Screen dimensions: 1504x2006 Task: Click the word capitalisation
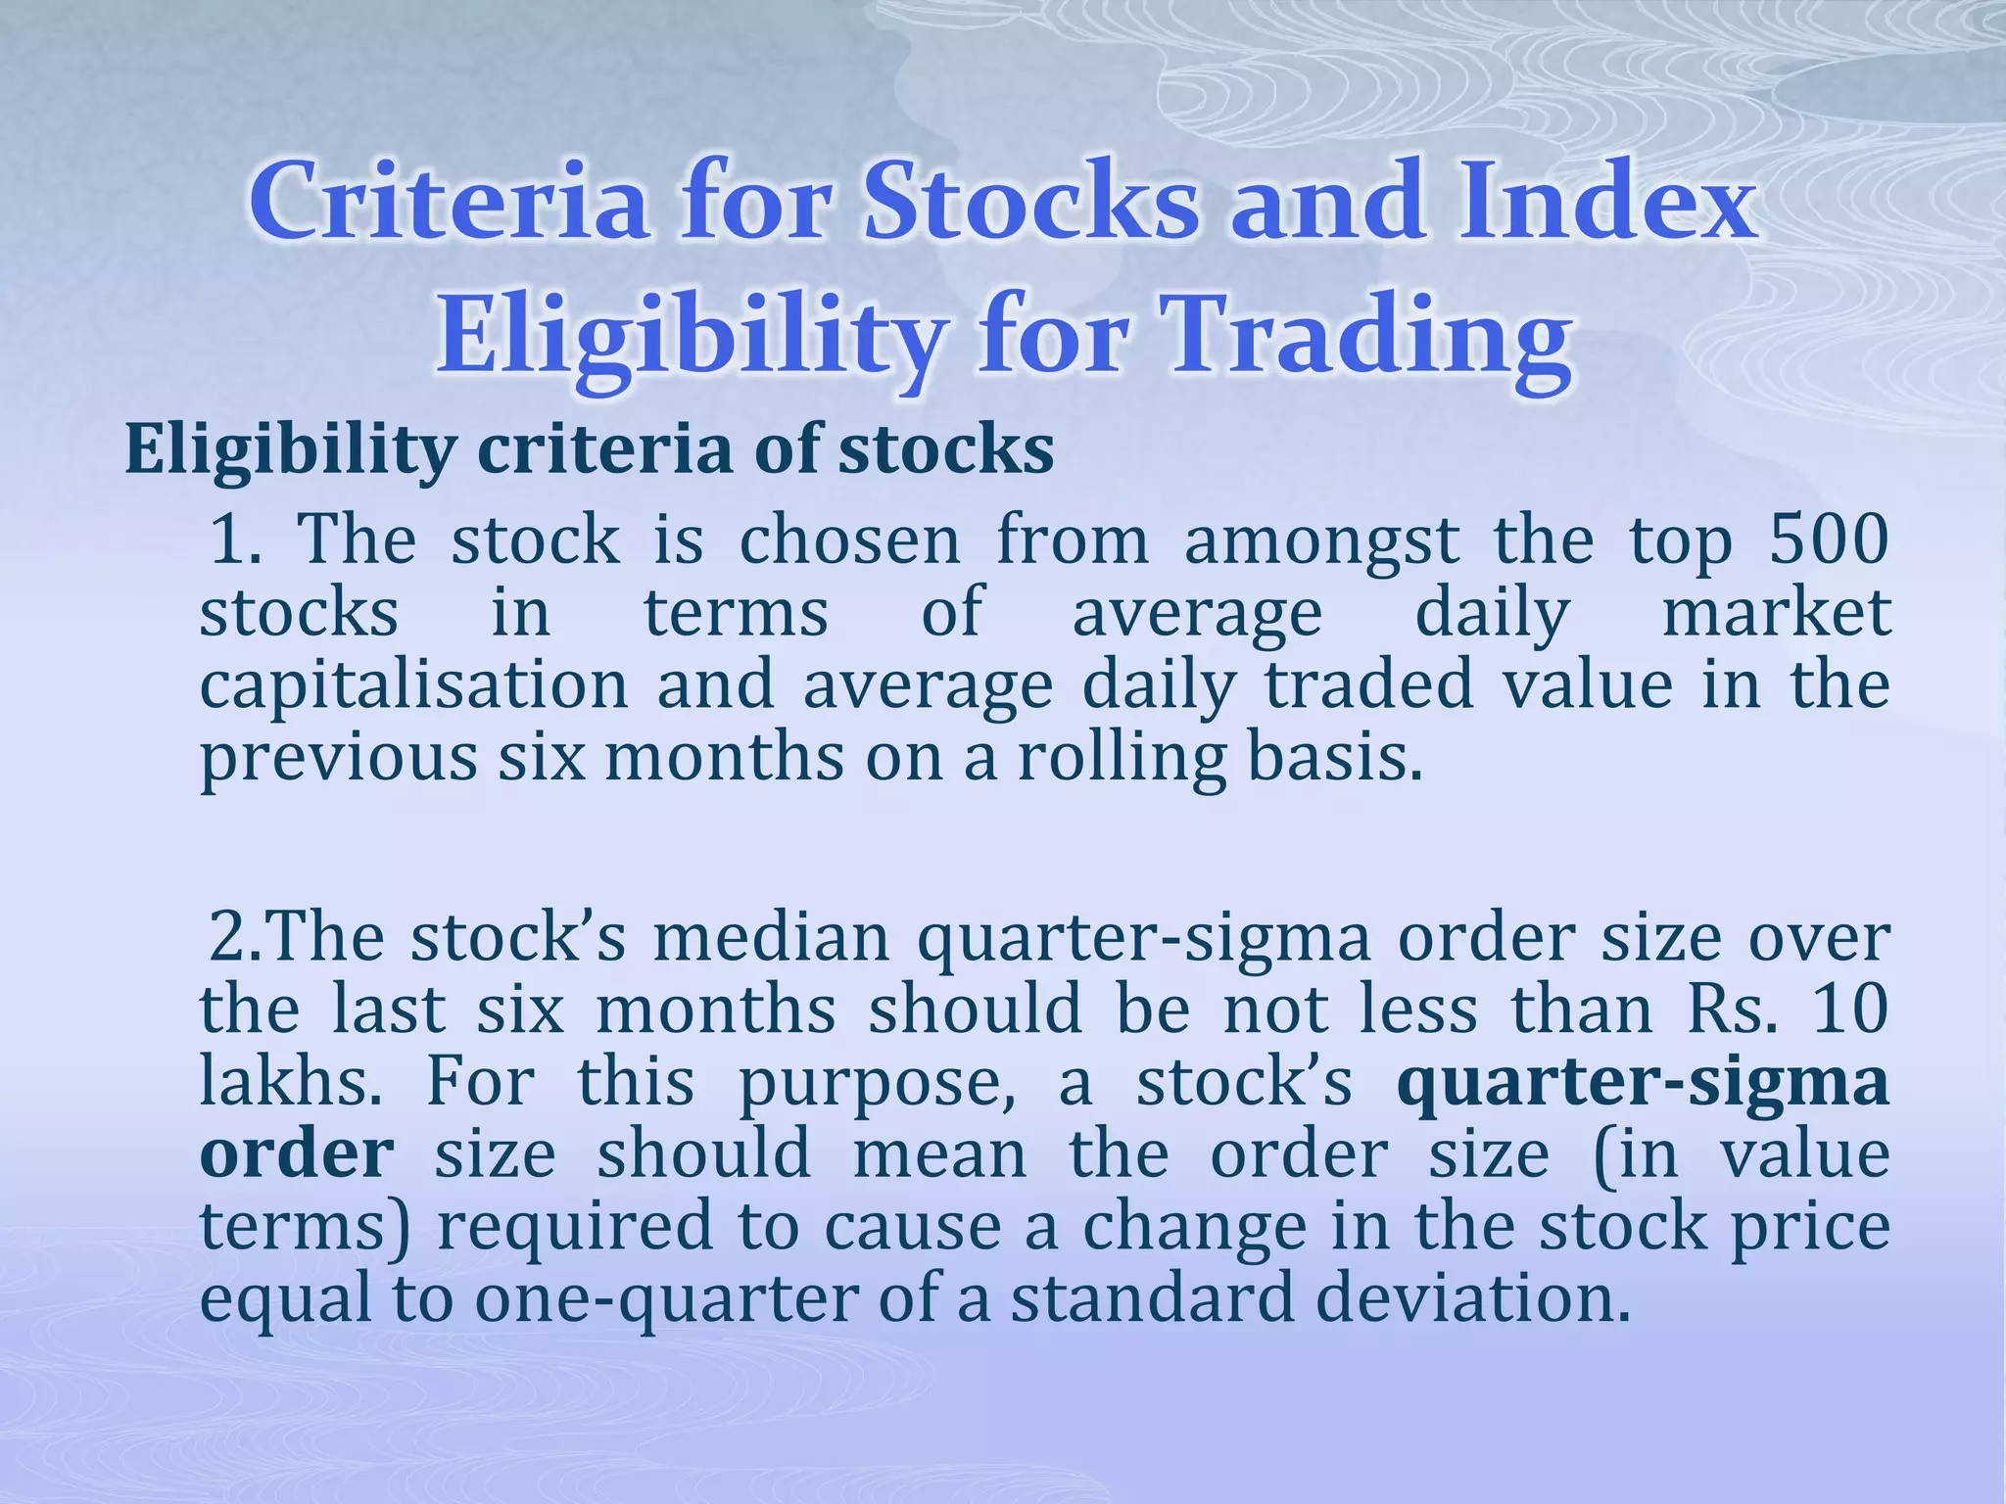(413, 684)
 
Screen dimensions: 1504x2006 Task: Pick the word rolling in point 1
(1122, 758)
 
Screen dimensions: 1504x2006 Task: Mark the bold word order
(297, 1154)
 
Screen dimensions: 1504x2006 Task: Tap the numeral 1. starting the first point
(235, 540)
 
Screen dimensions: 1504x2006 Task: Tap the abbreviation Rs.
(1731, 1010)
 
